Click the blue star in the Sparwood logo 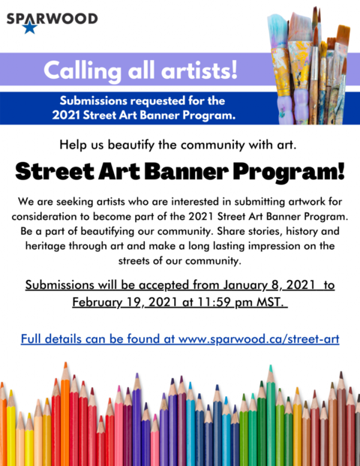click(x=30, y=28)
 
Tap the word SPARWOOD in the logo click(x=52, y=19)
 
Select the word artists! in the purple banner click(x=199, y=70)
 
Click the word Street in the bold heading click(x=55, y=172)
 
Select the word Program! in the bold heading click(x=289, y=173)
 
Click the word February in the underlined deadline click(x=97, y=302)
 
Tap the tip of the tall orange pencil click(x=65, y=363)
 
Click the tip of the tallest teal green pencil click(x=270, y=366)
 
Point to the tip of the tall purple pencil click(x=137, y=374)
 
